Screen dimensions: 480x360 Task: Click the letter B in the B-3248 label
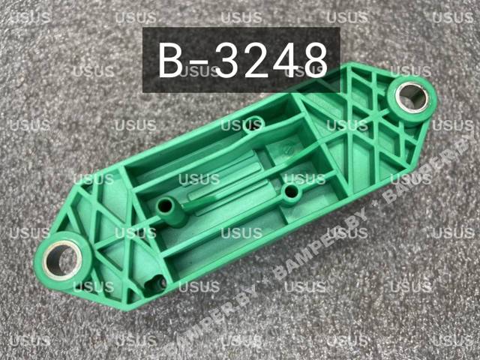(170, 60)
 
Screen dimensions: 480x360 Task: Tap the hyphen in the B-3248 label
(199, 64)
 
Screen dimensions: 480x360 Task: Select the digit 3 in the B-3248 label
(229, 60)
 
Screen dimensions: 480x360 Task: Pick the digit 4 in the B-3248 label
(286, 60)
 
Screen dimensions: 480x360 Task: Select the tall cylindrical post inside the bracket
(172, 211)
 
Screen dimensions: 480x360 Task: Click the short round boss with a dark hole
(291, 193)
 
